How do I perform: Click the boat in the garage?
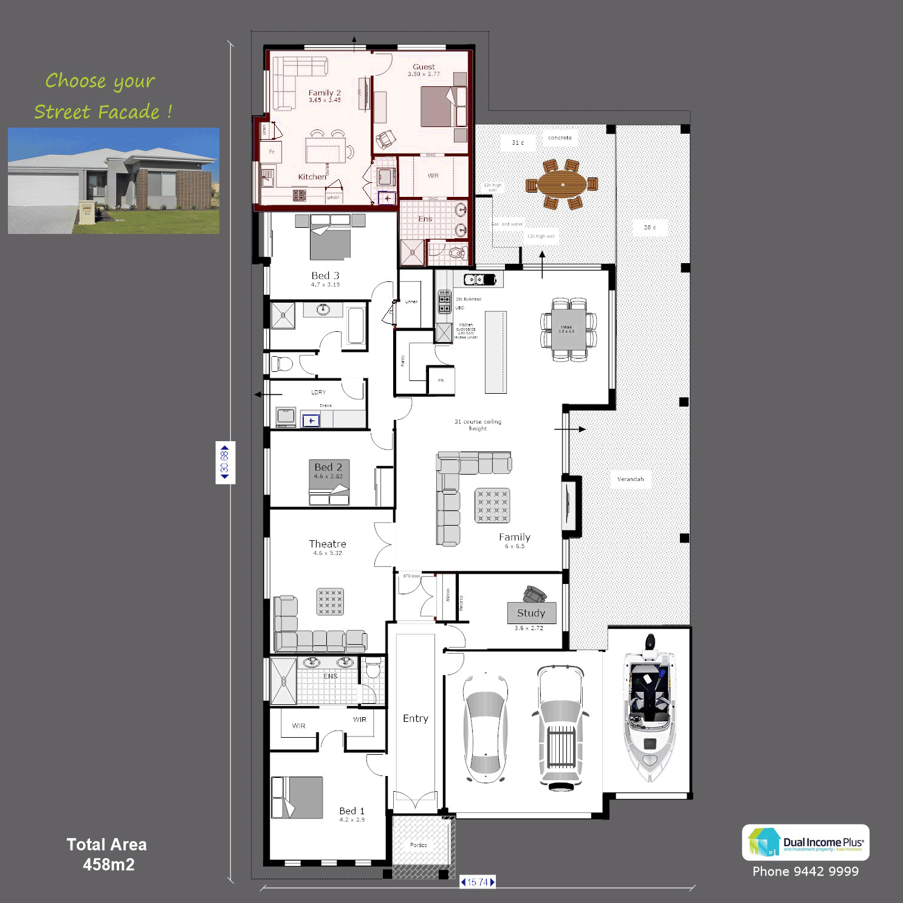point(649,708)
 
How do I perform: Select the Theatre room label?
point(328,544)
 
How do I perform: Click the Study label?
point(531,613)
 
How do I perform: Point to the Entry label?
point(416,718)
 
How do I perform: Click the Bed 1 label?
point(352,811)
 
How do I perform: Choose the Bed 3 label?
point(325,276)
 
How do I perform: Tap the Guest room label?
point(424,67)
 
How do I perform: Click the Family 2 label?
point(324,93)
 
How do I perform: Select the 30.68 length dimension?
point(225,462)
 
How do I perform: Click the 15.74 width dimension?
point(478,882)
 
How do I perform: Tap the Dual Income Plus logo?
point(806,842)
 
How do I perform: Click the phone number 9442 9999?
point(805,871)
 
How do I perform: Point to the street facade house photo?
point(114,180)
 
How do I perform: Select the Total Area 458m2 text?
point(108,854)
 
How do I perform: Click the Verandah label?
point(630,479)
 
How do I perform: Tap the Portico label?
point(418,845)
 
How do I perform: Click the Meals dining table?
point(569,330)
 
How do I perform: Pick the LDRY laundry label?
point(318,393)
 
